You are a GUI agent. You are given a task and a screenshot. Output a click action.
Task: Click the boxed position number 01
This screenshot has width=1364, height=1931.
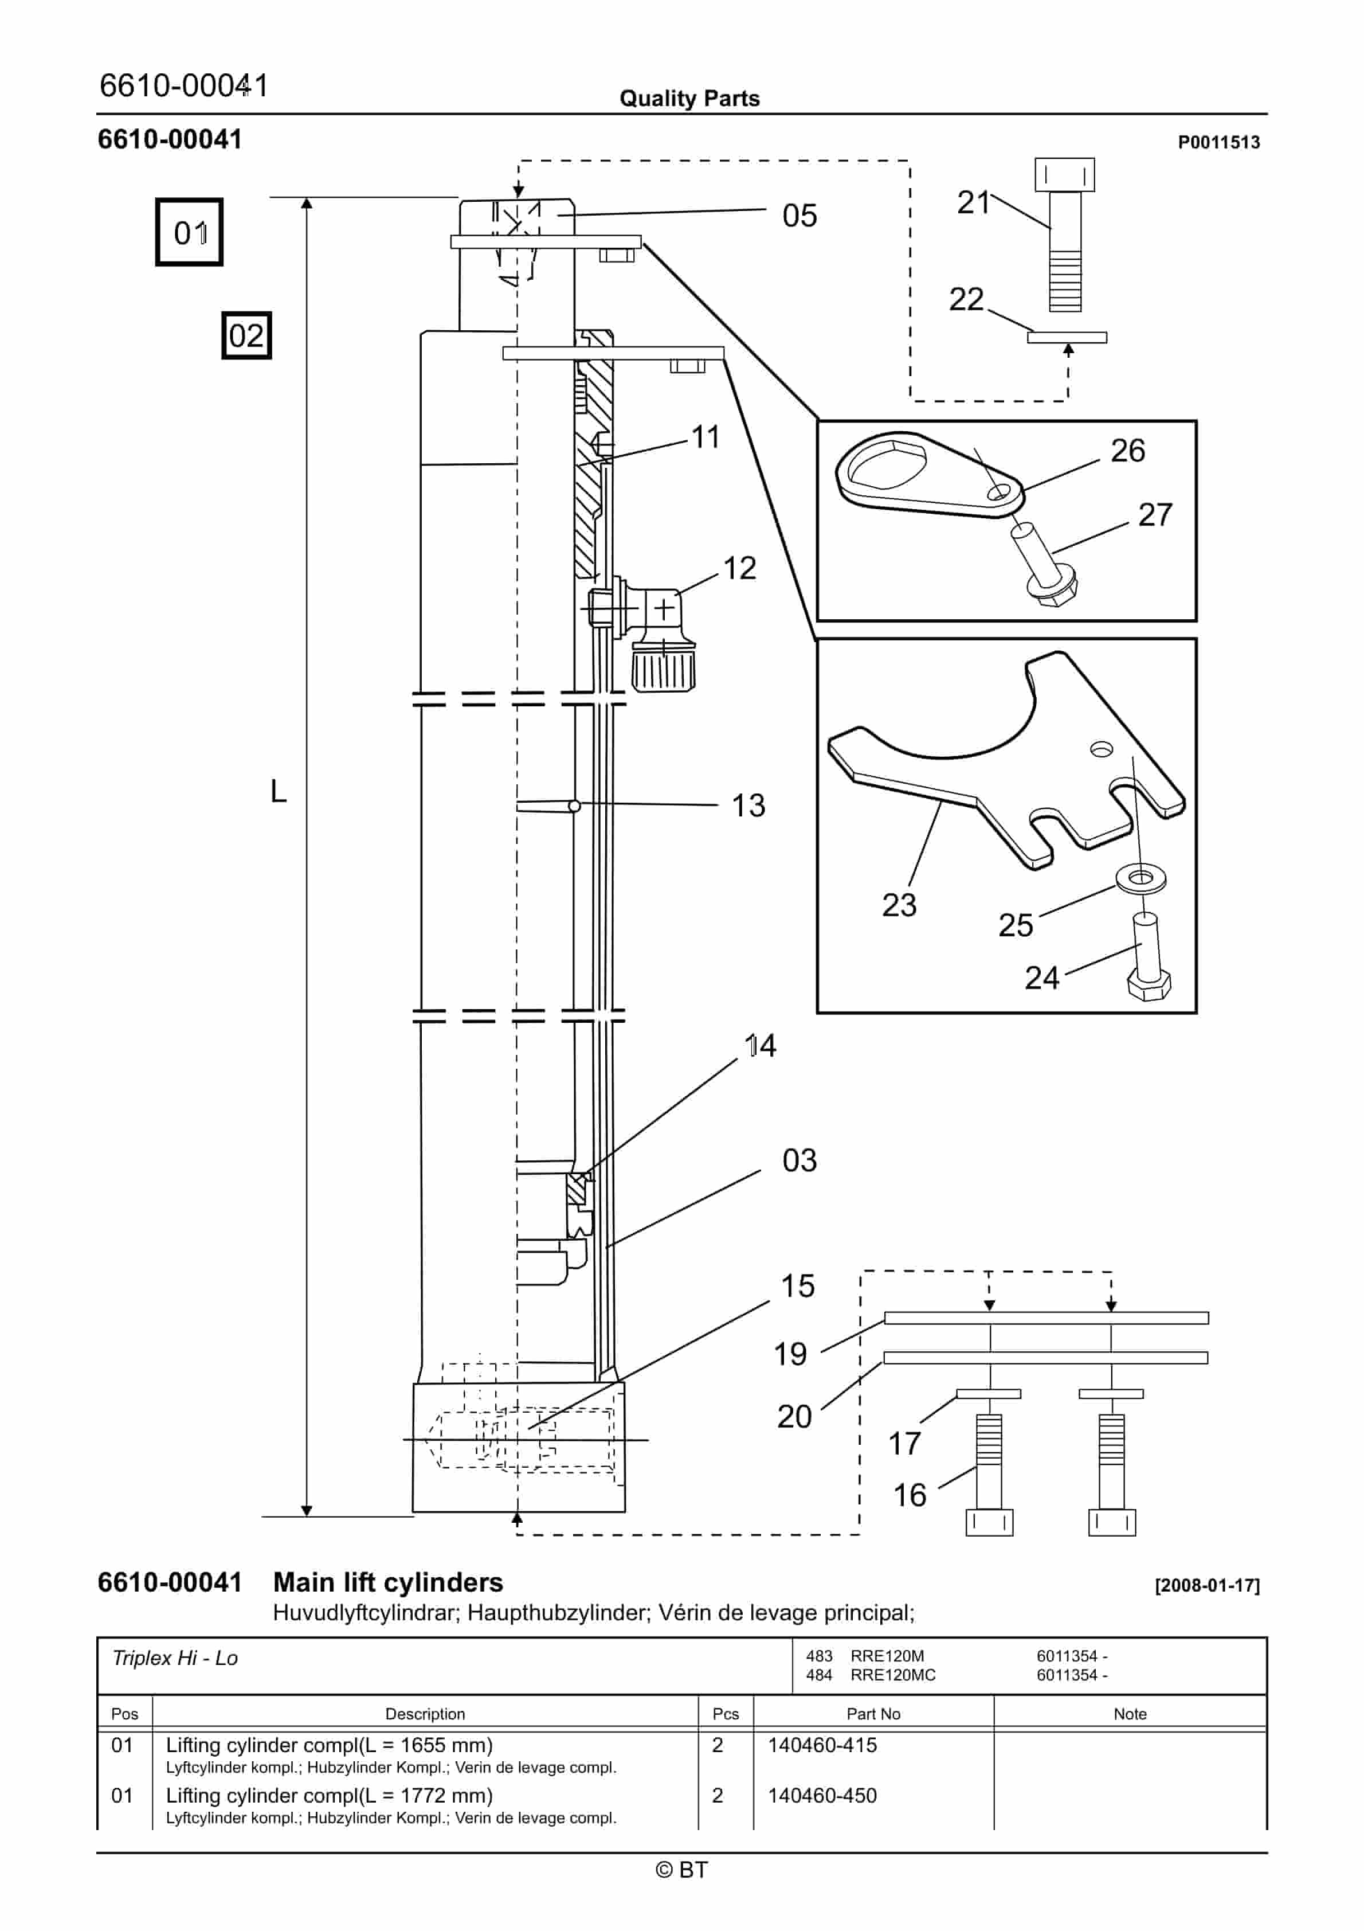coord(189,232)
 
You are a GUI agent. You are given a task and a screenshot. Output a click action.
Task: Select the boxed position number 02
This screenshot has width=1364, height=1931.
coord(246,335)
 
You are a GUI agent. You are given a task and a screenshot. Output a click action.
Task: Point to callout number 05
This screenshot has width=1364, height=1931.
coord(799,216)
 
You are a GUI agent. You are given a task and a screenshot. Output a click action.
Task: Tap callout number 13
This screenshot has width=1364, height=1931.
coord(747,806)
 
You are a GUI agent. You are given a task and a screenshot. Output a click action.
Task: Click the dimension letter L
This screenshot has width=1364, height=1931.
coord(279,791)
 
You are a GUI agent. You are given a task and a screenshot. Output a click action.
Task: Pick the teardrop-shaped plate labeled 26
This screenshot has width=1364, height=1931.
coord(925,475)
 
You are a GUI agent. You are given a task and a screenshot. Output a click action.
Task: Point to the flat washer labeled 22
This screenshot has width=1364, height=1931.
coord(1067,337)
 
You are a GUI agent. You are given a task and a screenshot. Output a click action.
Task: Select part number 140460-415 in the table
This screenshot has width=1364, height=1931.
coord(822,1745)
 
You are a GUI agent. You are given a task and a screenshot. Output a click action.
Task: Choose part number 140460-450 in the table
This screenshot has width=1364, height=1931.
coord(822,1796)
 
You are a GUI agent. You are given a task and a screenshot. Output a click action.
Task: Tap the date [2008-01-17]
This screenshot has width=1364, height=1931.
coord(1207,1585)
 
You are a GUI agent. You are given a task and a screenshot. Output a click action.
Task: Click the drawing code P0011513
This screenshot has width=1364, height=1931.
coord(1218,142)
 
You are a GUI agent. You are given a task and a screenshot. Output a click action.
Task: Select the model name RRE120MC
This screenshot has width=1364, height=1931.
coord(892,1675)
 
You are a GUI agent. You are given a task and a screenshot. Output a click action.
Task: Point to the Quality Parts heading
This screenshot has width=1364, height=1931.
coord(689,99)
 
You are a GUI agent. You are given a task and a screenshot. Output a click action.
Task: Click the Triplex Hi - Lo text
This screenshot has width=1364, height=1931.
coord(175,1658)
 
